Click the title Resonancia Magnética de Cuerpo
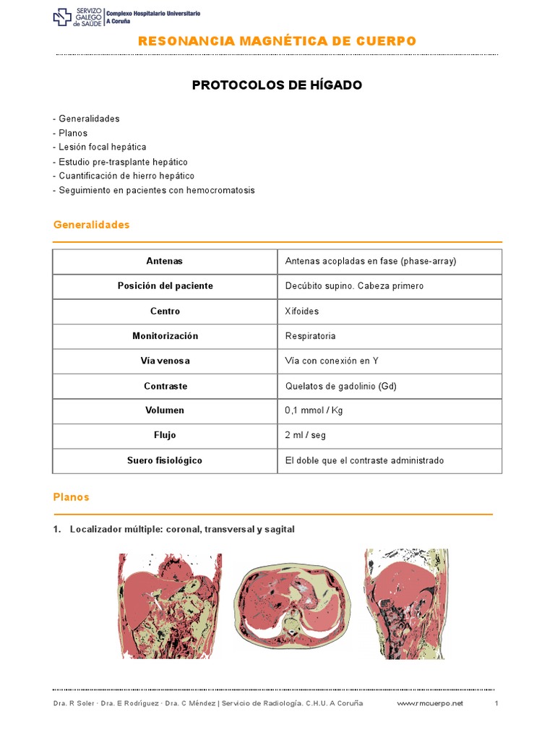[277, 41]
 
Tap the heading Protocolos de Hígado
[277, 85]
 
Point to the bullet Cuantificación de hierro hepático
[124, 176]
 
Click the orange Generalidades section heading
[92, 225]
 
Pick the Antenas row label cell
[165, 261]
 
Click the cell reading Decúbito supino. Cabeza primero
[354, 286]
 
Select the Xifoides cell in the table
[302, 311]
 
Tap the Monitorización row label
[165, 336]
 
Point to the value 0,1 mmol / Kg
[314, 410]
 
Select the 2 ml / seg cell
[306, 435]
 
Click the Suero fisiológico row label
[165, 460]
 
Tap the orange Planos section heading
[72, 497]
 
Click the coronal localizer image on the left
[170, 606]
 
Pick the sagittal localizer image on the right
[405, 604]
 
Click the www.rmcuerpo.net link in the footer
[430, 703]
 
